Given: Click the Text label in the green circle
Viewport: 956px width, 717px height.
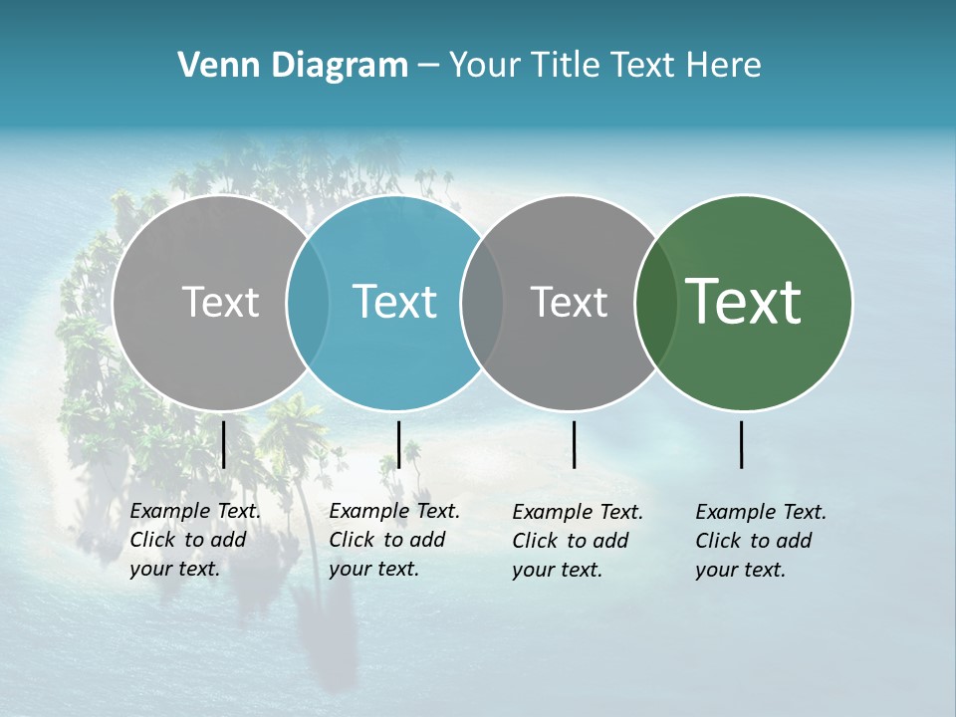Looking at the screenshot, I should point(744,302).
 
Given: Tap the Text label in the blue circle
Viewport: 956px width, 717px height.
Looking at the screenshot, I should point(395,302).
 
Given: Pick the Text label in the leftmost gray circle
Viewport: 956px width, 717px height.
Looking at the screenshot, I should point(220,302).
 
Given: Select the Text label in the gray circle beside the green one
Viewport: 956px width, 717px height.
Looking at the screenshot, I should point(569,302).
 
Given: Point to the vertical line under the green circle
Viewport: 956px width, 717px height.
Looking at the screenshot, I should point(742,444).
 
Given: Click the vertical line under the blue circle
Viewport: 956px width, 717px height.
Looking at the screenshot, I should point(398,444).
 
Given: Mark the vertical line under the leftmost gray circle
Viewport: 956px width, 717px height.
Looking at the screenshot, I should point(223,444).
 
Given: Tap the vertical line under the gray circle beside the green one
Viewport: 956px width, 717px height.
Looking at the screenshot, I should point(574,444).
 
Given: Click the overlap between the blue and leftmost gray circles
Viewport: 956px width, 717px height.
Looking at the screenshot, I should point(308,302).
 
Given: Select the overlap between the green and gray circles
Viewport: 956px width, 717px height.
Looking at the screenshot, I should point(656,302).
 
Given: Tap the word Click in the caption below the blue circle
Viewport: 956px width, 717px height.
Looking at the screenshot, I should point(353,540).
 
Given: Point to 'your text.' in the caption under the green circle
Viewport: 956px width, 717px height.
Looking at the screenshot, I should point(740,570).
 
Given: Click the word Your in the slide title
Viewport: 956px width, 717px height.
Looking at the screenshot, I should point(483,66).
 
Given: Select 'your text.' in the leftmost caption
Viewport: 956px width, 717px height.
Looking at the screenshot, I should point(174,569).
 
